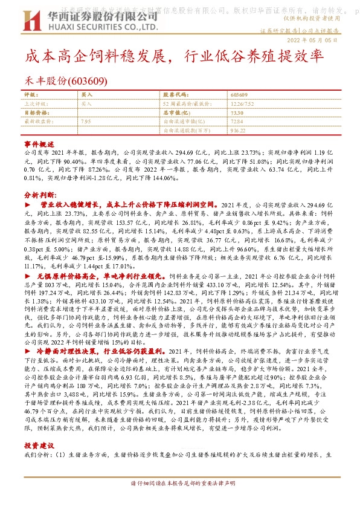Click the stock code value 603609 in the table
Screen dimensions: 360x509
coord(239,95)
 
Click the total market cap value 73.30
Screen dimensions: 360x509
coord(237,112)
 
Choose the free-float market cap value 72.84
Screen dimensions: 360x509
coord(237,121)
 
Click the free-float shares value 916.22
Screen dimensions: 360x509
coord(239,129)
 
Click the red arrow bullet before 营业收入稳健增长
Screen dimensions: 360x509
coord(27,206)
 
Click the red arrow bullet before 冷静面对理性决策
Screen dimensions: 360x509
coord(27,351)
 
